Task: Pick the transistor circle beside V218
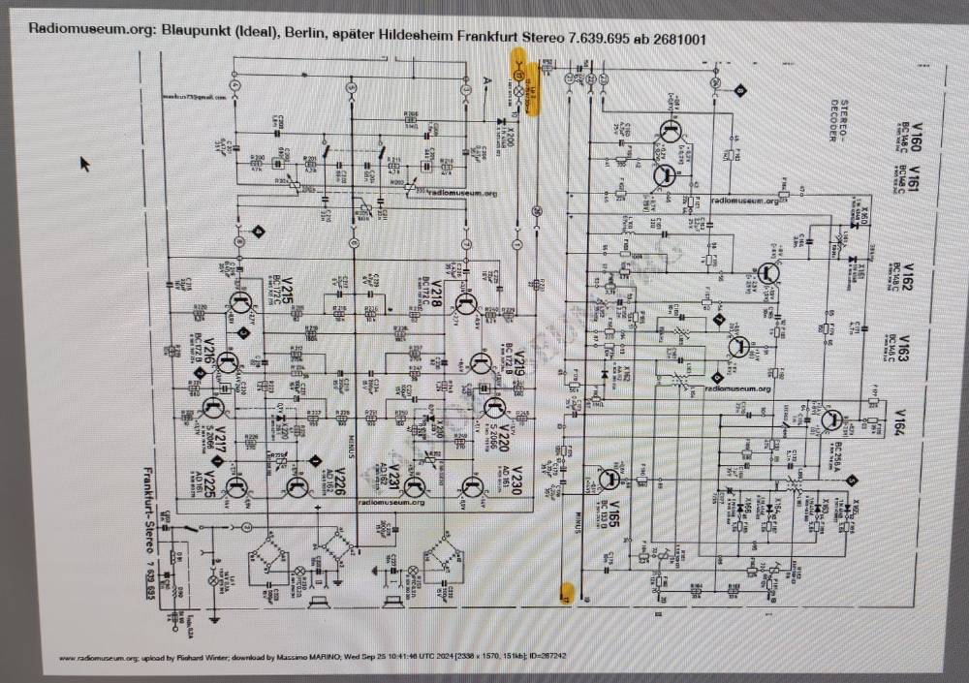coord(466,308)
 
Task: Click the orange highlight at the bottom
coord(567,593)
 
